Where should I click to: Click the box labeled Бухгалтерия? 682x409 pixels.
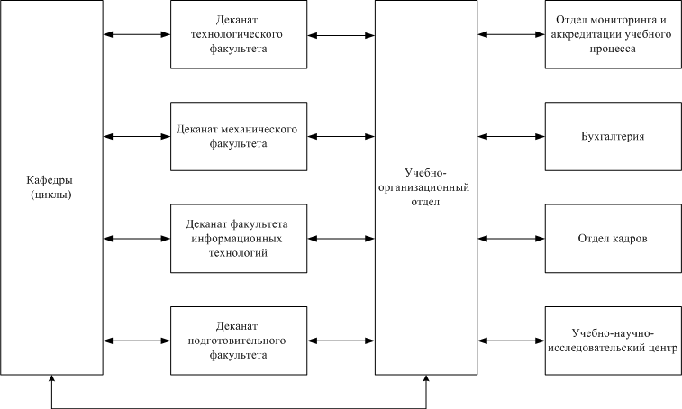pos(614,137)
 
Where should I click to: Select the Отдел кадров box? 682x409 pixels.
pos(614,239)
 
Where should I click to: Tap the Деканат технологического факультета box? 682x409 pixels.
pos(239,34)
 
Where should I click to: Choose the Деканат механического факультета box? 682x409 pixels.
pos(239,137)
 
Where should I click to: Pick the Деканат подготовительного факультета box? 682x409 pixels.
pos(239,341)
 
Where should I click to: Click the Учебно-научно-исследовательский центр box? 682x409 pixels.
pos(614,341)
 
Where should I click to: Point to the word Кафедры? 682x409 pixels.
pos(50,180)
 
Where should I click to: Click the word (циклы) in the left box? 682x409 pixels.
pos(50,195)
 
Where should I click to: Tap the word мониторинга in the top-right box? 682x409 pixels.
pos(621,20)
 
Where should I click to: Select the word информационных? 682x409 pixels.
pos(237,239)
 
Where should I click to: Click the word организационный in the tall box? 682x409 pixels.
pos(424,188)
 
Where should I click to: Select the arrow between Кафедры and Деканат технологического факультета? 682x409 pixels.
pos(137,34)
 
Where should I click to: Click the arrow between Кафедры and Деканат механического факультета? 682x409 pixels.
pos(137,137)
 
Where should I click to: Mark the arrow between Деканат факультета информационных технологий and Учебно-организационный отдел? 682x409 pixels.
pos(341,239)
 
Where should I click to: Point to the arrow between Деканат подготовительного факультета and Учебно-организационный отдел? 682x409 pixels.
pos(341,341)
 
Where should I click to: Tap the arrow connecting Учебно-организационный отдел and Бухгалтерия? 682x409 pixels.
pos(511,137)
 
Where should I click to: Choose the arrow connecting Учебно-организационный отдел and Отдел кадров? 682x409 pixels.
pos(511,239)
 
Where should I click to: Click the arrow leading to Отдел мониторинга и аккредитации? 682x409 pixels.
pos(511,34)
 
